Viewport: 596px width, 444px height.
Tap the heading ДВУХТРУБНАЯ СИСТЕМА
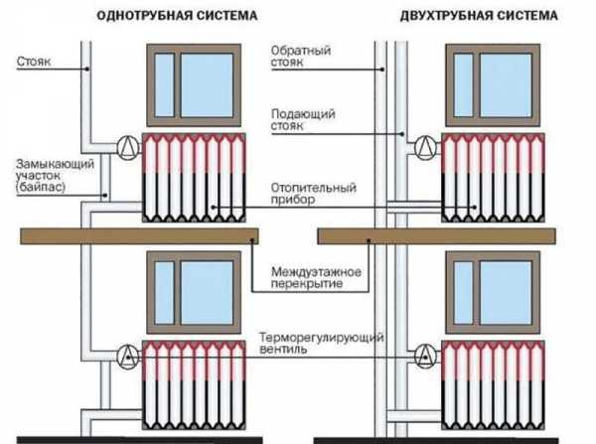(x=458, y=17)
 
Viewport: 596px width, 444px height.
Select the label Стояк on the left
(x=36, y=62)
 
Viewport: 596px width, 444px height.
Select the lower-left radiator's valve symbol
(x=127, y=354)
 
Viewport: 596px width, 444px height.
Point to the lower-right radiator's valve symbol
(x=423, y=354)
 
